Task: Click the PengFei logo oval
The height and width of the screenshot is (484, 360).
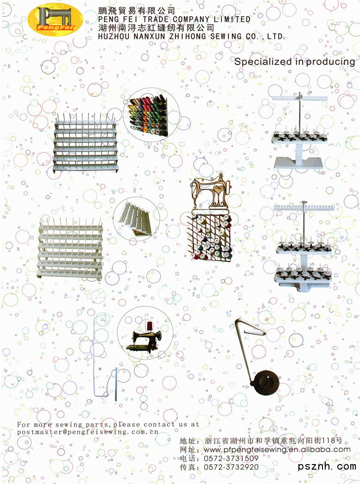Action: point(55,19)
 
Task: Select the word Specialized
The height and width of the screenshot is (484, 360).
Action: point(264,62)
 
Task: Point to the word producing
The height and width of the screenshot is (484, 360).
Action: point(330,62)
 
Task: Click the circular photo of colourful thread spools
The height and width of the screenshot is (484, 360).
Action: point(151,115)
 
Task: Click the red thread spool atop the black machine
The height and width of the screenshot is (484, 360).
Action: point(150,325)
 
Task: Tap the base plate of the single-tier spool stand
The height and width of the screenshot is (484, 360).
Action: point(298,163)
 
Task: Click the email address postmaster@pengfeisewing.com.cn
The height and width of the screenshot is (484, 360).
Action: point(88,432)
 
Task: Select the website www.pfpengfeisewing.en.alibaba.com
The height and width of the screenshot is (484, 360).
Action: point(278,449)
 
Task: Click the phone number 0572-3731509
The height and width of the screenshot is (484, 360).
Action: point(231,459)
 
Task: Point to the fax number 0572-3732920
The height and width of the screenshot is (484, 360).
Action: point(231,467)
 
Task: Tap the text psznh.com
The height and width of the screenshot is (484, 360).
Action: point(327,466)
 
